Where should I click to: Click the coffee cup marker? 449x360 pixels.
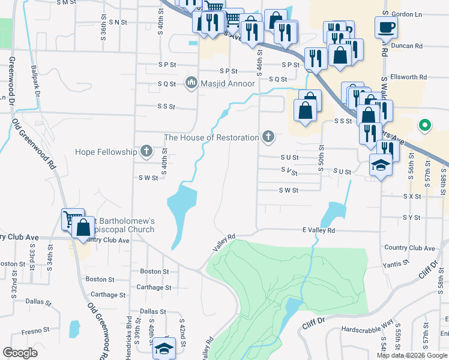tap(385, 26)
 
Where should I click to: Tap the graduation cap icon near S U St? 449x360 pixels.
tap(380, 163)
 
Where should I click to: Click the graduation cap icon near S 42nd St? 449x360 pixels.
tap(163, 348)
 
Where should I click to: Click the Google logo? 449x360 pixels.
tap(20, 353)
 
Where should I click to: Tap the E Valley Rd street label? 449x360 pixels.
tap(318, 230)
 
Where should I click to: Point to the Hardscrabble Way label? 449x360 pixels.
tap(366, 330)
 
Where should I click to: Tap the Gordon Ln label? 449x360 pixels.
tap(406, 14)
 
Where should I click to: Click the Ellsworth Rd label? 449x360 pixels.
tap(408, 77)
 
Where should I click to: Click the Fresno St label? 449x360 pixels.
tap(34, 330)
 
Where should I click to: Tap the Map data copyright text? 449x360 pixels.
tap(412, 355)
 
